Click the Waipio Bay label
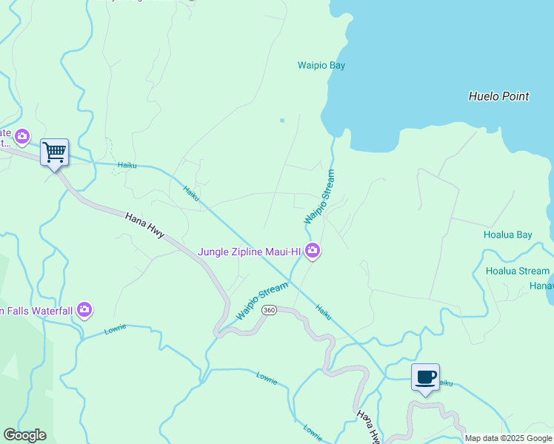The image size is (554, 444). [x=321, y=66]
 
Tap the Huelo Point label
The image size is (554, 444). [x=498, y=96]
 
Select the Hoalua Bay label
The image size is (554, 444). [x=507, y=235]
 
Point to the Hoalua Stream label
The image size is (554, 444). [x=517, y=272]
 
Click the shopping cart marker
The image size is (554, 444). [x=55, y=152]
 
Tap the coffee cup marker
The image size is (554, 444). [x=425, y=377]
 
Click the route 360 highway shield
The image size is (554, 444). [x=269, y=310]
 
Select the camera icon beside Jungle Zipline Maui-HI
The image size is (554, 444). [x=313, y=252]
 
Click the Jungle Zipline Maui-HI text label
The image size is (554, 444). [x=250, y=252]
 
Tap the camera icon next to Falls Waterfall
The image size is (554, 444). [x=84, y=309]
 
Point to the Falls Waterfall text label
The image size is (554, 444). [x=36, y=310]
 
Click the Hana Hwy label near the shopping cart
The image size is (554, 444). [x=144, y=226]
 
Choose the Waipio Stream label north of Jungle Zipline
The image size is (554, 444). [x=320, y=197]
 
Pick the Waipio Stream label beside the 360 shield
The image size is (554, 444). [x=261, y=301]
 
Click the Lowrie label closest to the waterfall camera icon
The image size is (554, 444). [x=116, y=328]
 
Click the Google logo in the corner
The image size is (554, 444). [x=24, y=435]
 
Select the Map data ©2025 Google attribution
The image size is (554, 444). [x=507, y=438]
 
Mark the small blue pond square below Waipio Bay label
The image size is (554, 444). [x=281, y=120]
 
